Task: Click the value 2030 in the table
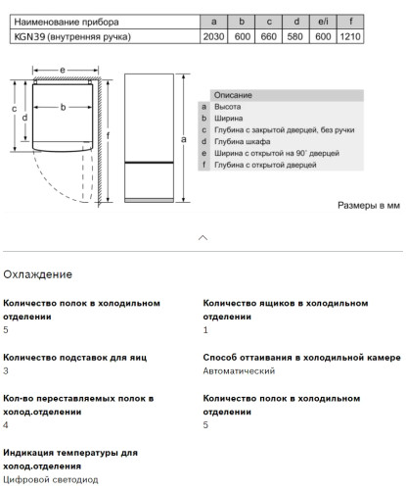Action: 214,36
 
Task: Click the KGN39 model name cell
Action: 72,36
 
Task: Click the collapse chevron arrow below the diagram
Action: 203,237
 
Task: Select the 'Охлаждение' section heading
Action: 37,274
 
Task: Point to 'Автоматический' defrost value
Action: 239,371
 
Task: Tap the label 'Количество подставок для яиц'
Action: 75,358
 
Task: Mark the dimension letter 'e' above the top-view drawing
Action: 62,72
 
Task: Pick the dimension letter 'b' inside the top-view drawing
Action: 63,107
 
